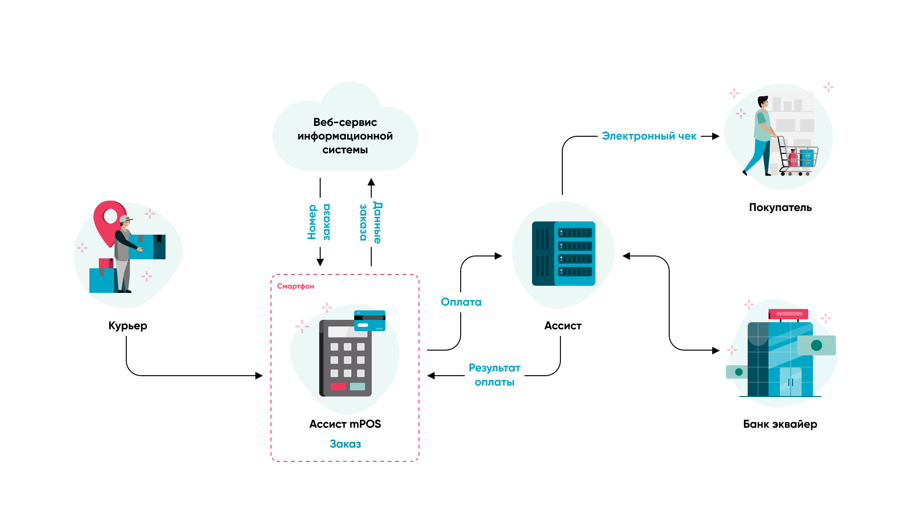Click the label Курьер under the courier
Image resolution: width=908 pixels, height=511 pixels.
click(128, 326)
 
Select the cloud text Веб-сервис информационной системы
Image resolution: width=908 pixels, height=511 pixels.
click(345, 136)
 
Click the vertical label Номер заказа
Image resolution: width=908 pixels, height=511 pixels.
click(319, 222)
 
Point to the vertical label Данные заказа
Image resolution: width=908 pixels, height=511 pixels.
click(370, 222)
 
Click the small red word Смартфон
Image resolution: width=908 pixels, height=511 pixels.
click(295, 286)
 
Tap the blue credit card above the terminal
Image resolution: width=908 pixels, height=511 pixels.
click(370, 320)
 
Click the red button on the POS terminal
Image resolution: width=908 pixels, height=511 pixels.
click(338, 387)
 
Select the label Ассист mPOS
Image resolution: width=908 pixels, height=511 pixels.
click(345, 424)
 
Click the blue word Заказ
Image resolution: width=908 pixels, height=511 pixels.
click(345, 444)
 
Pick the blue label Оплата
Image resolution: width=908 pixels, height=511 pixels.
click(461, 302)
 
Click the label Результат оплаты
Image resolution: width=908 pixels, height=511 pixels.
click(494, 375)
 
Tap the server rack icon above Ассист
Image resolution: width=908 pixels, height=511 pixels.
click(563, 254)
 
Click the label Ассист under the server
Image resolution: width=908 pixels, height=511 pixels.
click(563, 326)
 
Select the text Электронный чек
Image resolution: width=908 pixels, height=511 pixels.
click(649, 136)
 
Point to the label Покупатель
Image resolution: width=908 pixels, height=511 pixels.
click(780, 207)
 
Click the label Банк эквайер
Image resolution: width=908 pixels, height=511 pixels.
click(780, 424)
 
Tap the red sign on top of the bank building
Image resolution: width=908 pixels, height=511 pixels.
click(788, 314)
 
